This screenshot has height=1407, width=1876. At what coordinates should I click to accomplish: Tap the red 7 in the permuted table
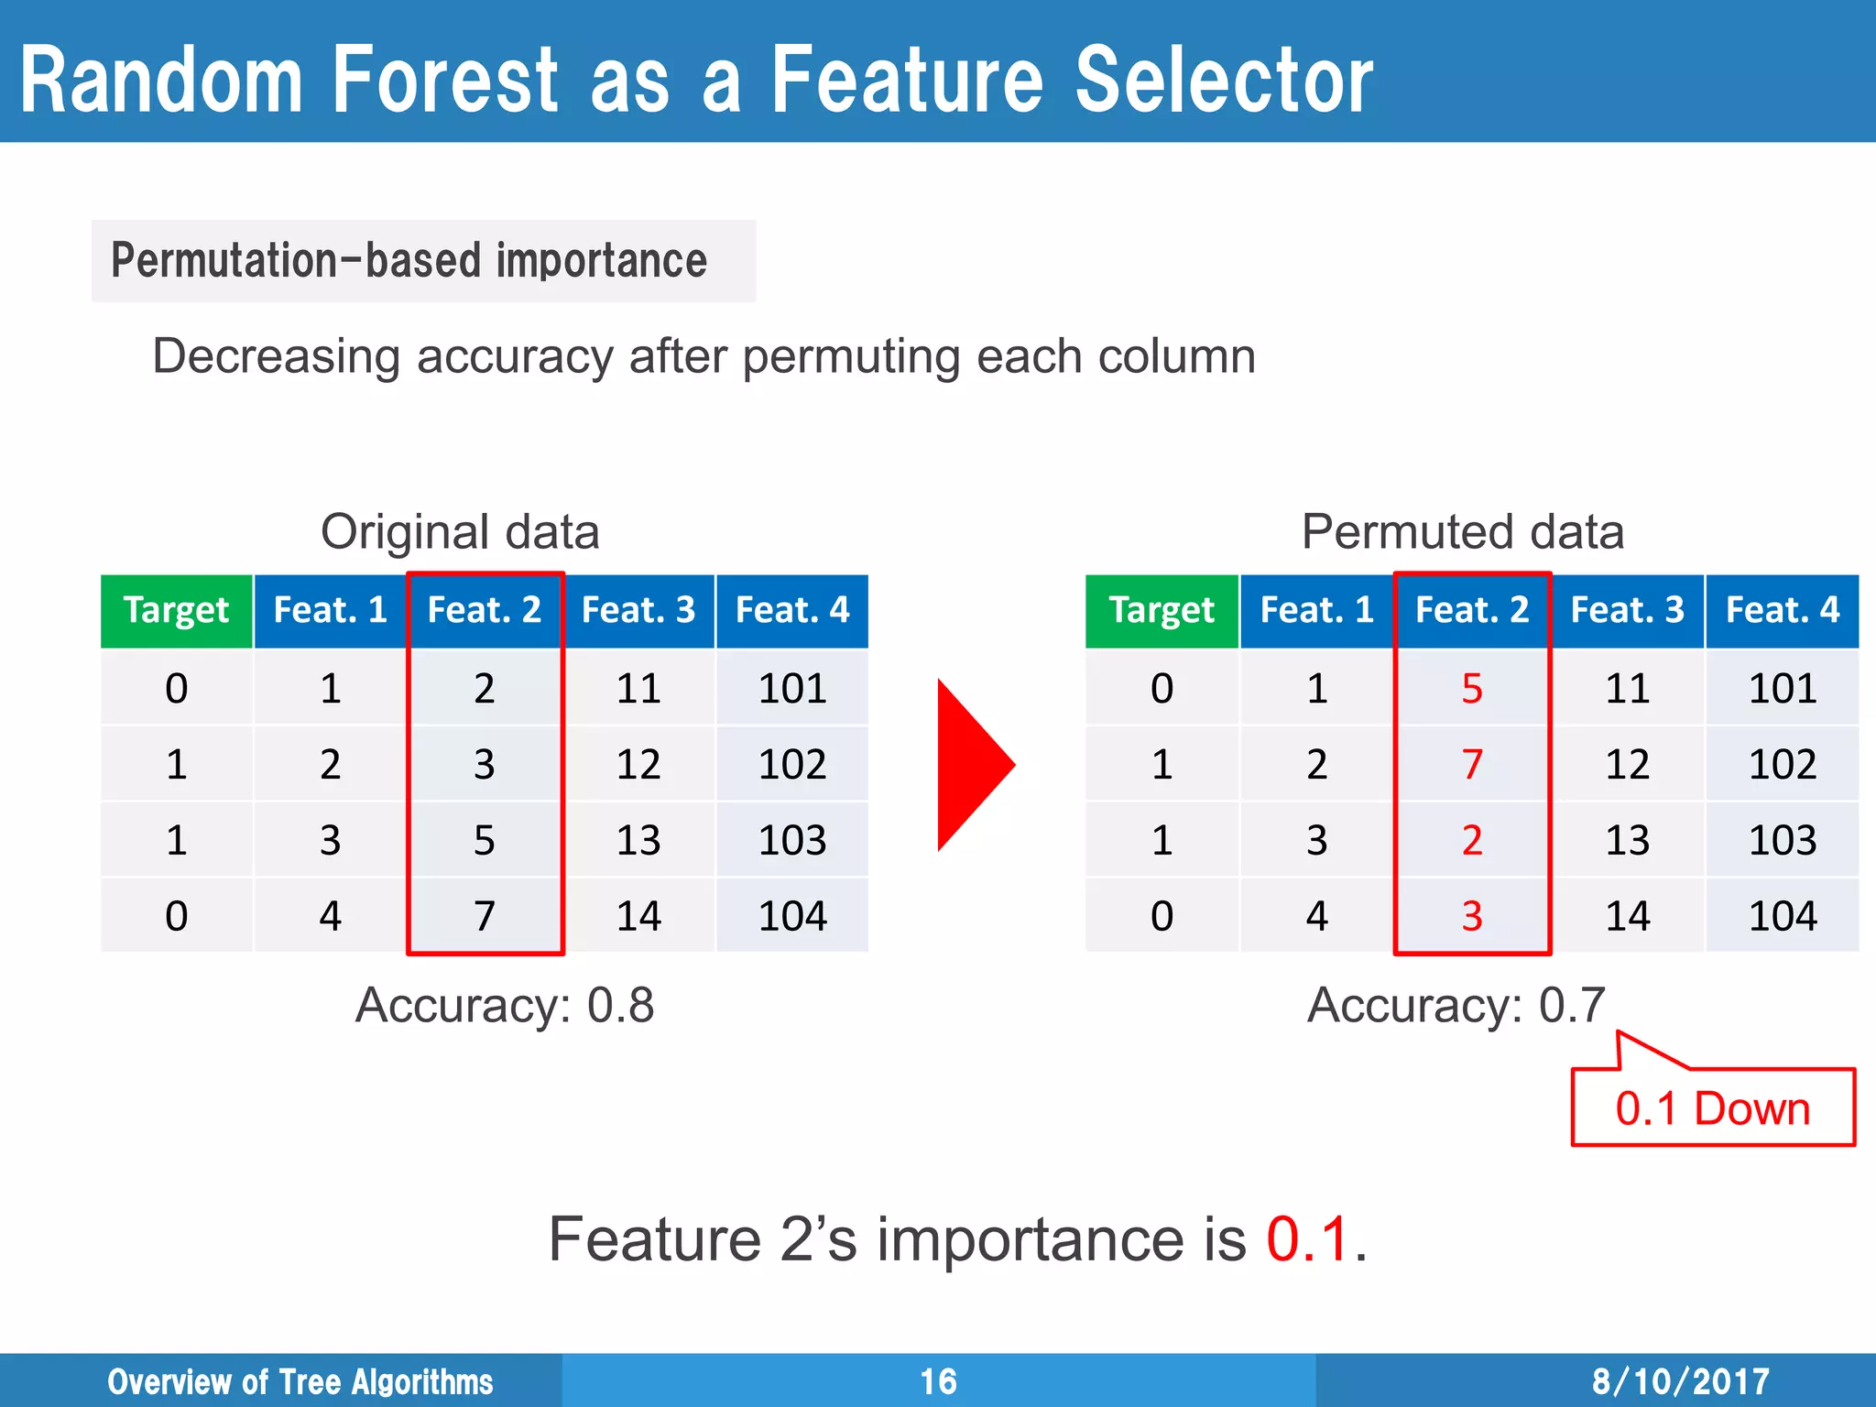(1471, 765)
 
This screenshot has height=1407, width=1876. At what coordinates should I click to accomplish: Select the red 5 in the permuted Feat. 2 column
(1471, 689)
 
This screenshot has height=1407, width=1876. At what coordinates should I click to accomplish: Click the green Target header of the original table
(176, 611)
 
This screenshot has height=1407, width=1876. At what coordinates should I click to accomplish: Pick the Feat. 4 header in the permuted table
(1782, 611)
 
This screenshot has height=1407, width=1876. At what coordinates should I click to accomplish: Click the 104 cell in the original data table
(792, 916)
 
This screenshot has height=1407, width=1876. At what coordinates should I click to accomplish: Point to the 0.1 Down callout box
(1712, 1108)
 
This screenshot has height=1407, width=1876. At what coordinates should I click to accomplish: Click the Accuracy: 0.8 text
(505, 1006)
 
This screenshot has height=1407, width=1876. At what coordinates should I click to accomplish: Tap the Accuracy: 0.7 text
(1456, 1006)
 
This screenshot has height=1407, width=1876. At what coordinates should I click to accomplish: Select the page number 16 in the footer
(938, 1381)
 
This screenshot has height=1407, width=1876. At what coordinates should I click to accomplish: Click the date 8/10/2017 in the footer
(1680, 1381)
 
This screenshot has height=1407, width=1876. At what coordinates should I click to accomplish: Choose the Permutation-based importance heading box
(423, 261)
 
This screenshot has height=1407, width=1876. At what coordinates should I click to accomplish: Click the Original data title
(460, 532)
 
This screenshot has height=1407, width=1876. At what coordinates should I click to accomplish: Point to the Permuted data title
(1463, 532)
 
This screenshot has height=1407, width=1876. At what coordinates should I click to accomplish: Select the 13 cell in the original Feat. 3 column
(638, 841)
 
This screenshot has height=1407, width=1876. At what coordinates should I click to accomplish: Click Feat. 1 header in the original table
(330, 611)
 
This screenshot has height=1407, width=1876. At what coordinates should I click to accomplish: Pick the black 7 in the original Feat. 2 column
(485, 916)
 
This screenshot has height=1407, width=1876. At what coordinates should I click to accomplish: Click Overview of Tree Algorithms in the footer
(300, 1381)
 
